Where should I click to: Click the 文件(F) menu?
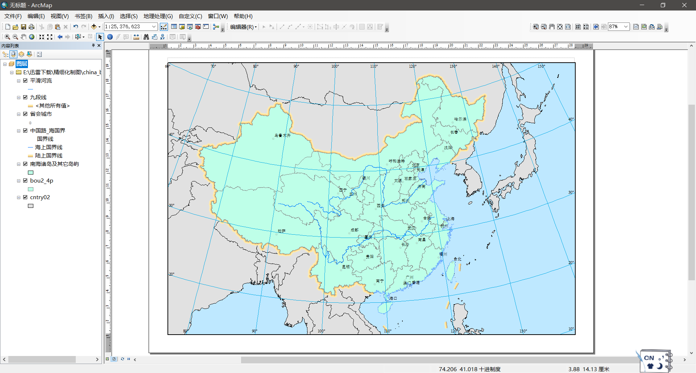pos(13,16)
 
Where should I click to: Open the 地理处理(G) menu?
pos(158,16)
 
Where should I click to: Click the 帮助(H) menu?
pos(243,16)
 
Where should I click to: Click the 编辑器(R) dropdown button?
pos(243,27)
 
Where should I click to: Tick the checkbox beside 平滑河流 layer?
pos(25,81)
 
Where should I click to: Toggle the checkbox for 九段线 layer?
pos(25,97)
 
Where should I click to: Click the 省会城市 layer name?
pos(41,114)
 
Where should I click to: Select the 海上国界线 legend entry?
pos(49,147)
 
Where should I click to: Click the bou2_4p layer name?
pos(42,181)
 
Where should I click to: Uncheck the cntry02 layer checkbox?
pos(25,197)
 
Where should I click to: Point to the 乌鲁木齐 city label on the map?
pos(282,135)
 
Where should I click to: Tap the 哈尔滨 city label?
pos(460,119)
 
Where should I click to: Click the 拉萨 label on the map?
pos(282,231)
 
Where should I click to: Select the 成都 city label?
pos(355,230)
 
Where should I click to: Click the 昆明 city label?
pos(346,267)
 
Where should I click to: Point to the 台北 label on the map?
pos(457,259)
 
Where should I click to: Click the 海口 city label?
pos(393,298)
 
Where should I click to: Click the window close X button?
pos(684,5)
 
